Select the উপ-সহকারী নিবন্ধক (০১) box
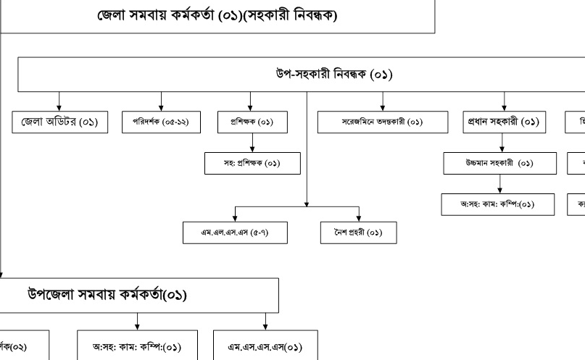tap(319, 75)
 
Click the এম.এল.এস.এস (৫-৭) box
tap(235, 232)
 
